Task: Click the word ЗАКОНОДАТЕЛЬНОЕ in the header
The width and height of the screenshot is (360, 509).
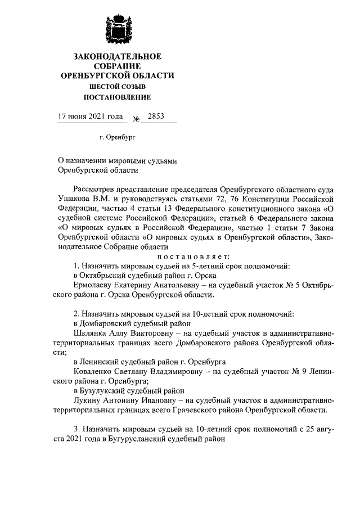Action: pyautogui.click(x=117, y=56)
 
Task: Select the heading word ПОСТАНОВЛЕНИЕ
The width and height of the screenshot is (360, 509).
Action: pyautogui.click(x=117, y=97)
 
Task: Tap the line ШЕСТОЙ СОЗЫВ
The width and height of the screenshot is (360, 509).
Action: pyautogui.click(x=117, y=86)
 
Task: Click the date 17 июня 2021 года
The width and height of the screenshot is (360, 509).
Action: pyautogui.click(x=91, y=117)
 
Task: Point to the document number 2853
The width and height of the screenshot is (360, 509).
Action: pyautogui.click(x=155, y=117)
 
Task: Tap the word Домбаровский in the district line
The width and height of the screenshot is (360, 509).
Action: pyautogui.click(x=109, y=324)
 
